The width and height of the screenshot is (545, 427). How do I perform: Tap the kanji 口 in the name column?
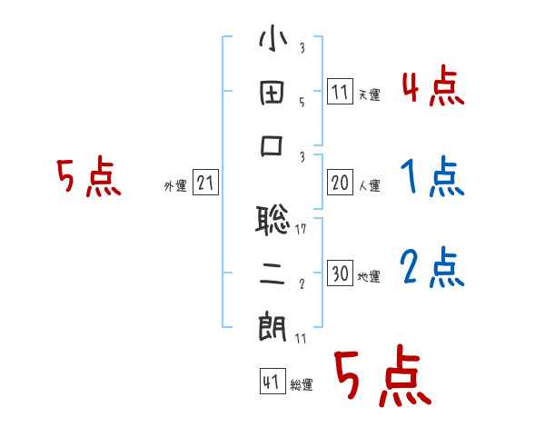tap(272, 148)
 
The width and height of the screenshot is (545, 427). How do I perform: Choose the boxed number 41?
tap(271, 382)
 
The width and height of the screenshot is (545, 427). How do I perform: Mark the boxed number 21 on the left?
tap(205, 184)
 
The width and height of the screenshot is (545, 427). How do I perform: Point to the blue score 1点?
tap(432, 177)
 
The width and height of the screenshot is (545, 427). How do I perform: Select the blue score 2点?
tap(432, 268)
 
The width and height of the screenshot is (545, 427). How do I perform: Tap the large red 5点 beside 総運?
tap(381, 379)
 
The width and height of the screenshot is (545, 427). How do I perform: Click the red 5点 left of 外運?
tap(88, 178)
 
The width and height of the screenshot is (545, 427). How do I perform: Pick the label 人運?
tap(370, 186)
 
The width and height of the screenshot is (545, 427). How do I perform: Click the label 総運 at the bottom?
tap(302, 385)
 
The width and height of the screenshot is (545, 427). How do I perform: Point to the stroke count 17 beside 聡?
tap(301, 229)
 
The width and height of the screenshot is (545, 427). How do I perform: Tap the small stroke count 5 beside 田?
tap(301, 103)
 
